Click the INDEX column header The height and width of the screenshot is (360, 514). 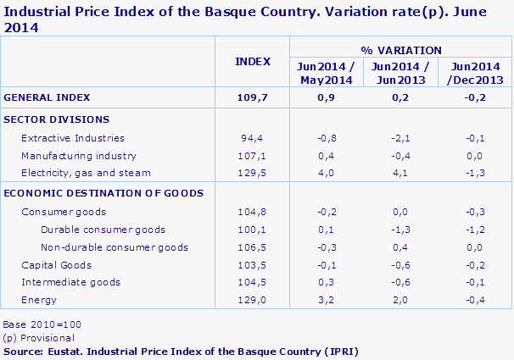point(253,61)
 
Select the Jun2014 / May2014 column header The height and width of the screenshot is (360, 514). point(326,73)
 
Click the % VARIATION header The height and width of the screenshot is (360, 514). point(400,50)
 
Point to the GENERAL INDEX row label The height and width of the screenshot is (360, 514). point(47,97)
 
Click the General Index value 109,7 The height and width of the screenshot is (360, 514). point(253,97)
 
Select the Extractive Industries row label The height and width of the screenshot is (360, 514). point(73,138)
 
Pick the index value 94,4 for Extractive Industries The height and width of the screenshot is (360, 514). point(253,138)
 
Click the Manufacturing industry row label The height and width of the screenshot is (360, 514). point(79,156)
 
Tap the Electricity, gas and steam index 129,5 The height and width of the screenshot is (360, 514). point(253,173)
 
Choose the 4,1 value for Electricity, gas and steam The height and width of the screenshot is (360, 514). point(400,173)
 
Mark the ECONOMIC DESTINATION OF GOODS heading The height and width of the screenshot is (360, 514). point(103,193)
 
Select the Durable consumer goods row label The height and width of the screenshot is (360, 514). point(103,230)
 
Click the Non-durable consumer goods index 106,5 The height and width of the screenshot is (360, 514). point(253,247)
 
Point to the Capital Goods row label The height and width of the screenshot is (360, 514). point(55,265)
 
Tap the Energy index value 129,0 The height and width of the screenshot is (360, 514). point(253,300)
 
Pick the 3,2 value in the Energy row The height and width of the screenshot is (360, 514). point(326,300)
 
